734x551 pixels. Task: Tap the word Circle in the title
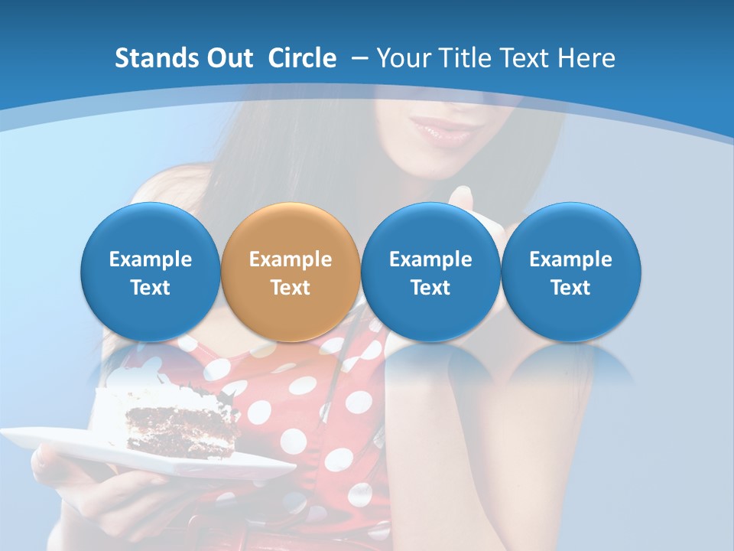click(x=302, y=58)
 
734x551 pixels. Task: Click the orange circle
click(x=291, y=272)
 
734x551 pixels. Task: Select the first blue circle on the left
click(x=151, y=272)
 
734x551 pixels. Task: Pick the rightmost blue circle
click(x=570, y=272)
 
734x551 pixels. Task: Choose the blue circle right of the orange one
click(x=430, y=272)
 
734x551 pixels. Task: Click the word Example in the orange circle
click(x=291, y=259)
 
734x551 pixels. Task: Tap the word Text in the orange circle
click(x=291, y=288)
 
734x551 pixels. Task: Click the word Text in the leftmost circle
click(x=151, y=288)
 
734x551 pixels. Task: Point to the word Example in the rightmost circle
click(x=570, y=259)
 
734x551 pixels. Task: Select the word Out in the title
click(x=232, y=58)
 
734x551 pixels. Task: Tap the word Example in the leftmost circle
click(x=151, y=259)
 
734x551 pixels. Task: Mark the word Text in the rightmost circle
click(x=570, y=288)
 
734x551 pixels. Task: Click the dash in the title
click(x=359, y=58)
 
